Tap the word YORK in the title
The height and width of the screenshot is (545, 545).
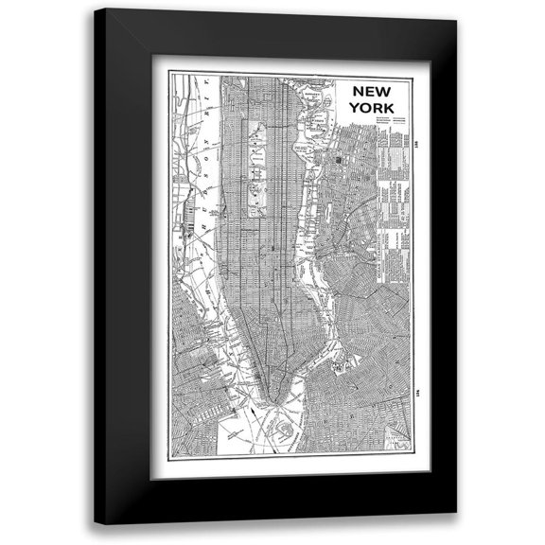coord(370,107)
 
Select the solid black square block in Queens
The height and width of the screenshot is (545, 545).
coord(338,163)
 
